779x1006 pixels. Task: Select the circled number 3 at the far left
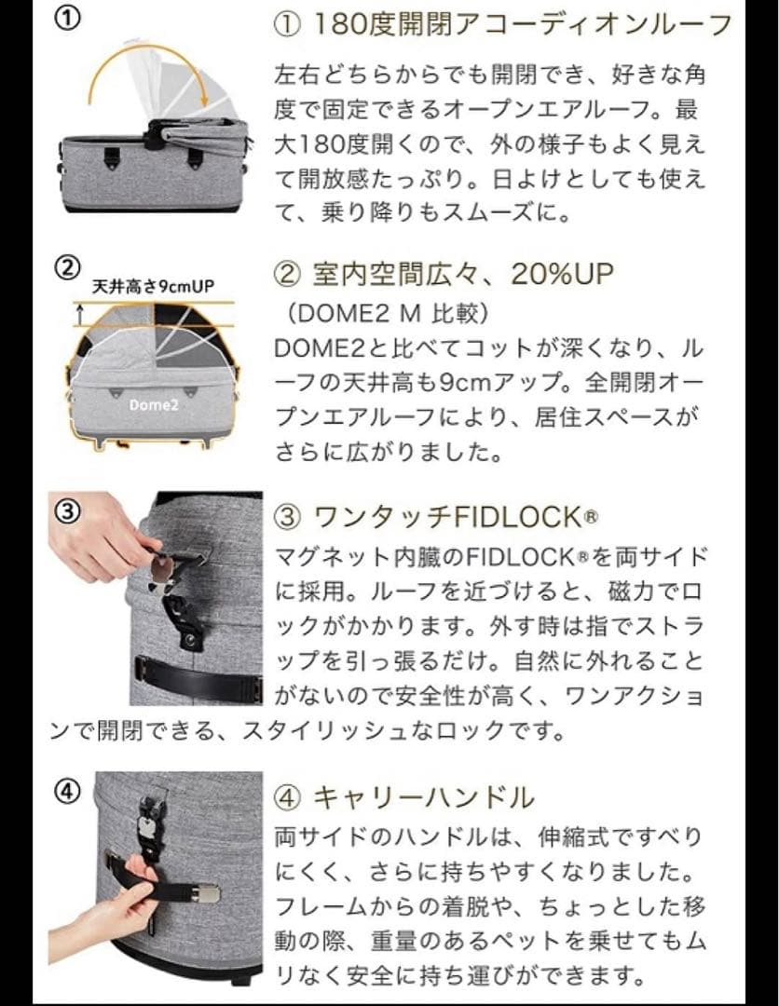70,511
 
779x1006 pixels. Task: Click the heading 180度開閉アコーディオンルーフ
503,23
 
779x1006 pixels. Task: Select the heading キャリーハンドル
405,797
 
